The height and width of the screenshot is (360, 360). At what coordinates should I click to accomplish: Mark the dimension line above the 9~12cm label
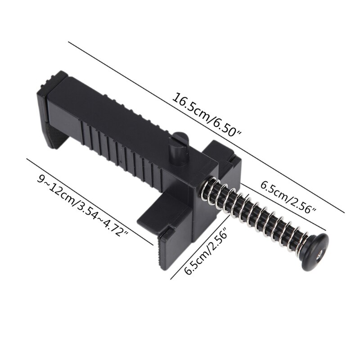tap(90, 201)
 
